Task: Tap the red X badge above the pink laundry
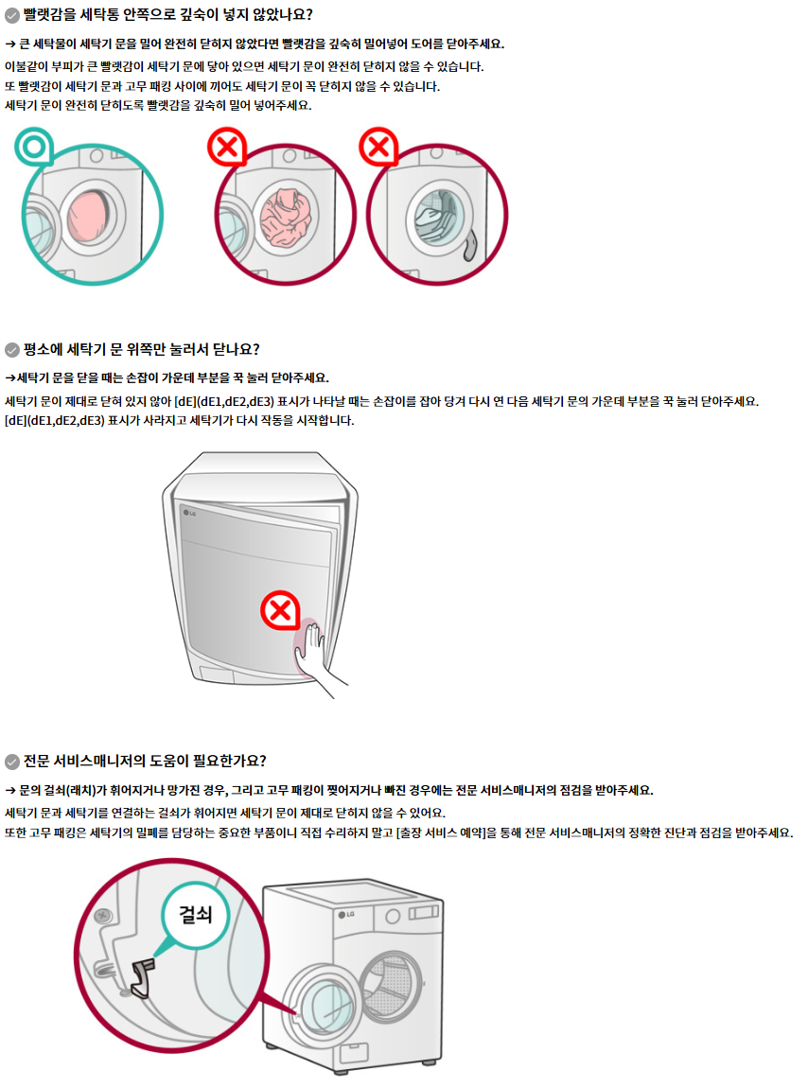227,147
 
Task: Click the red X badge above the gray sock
378,147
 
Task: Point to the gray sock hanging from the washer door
470,245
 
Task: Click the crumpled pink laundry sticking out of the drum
287,218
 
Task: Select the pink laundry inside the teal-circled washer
88,217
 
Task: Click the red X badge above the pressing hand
280,611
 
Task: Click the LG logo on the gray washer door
189,513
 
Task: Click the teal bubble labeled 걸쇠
196,915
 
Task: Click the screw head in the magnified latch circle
103,916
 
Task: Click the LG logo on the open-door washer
346,915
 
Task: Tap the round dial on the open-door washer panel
393,917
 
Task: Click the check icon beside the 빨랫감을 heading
11,15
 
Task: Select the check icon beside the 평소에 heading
11,350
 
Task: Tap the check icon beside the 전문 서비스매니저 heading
11,762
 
